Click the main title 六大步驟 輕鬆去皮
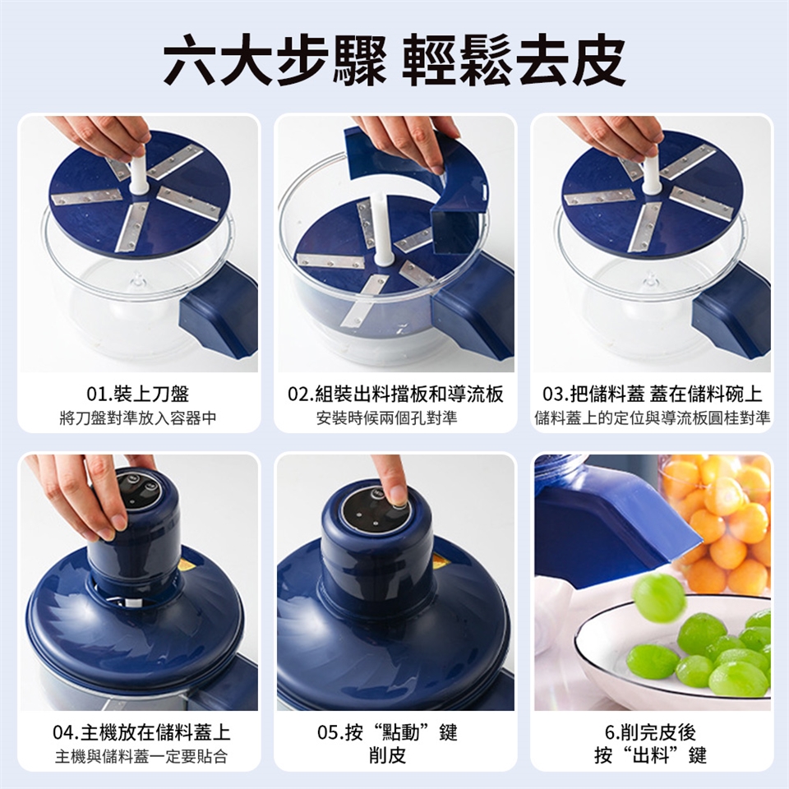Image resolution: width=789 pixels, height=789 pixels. tap(394, 60)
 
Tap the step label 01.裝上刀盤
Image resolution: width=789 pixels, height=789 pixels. tap(138, 394)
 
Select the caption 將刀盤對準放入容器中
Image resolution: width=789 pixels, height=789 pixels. tap(138, 418)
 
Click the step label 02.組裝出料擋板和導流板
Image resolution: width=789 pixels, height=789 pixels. tap(395, 394)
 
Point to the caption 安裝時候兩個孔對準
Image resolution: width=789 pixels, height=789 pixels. tap(386, 418)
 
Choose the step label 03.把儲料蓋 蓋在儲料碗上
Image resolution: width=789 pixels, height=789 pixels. tap(652, 394)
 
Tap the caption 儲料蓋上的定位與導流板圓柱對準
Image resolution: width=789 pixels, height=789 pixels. tap(652, 418)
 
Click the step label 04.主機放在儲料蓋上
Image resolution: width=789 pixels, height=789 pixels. tap(141, 732)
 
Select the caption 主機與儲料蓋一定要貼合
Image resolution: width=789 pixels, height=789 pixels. tap(141, 756)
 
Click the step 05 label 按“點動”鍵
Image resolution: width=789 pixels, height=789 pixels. tap(387, 732)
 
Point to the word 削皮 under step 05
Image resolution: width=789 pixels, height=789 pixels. tap(387, 755)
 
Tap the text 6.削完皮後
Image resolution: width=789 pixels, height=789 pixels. tap(651, 732)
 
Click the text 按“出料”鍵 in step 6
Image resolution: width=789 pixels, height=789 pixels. tap(651, 755)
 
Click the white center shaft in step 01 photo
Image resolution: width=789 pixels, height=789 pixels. tap(138, 171)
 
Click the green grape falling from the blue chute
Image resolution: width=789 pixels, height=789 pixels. tap(658, 600)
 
